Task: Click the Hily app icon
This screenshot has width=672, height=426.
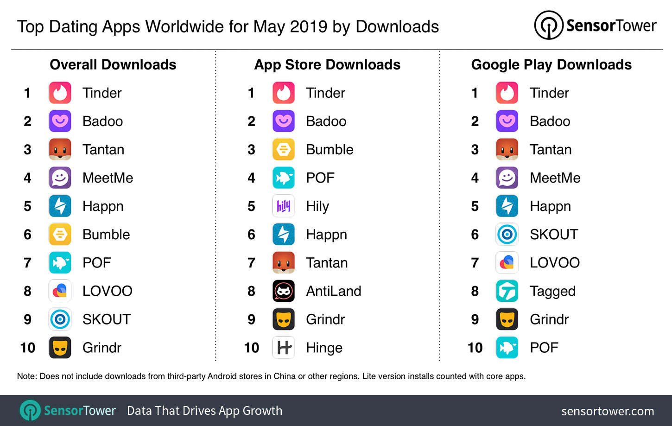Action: coord(283,206)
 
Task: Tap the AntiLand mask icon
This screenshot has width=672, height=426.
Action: coord(283,291)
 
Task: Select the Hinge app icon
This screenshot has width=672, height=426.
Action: coord(283,348)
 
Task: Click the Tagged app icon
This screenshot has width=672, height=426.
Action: coord(507,291)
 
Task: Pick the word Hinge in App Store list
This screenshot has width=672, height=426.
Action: coord(324,348)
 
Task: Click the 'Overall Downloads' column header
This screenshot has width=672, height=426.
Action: coord(113,64)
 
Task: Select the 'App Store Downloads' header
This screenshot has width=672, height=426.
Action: coord(327,64)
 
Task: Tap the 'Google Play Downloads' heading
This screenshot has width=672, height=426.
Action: coord(551,64)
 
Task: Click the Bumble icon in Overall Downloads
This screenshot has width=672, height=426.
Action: coord(60,235)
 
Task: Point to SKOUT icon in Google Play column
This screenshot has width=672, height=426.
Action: coord(507,235)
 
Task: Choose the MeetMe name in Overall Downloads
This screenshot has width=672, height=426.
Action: coord(108,178)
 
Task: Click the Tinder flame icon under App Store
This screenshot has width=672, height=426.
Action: coord(283,93)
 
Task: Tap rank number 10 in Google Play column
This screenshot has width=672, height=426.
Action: coord(475,348)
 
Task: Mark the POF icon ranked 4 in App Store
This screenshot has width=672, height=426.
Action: coord(283,178)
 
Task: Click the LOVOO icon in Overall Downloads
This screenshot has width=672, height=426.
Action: coord(60,291)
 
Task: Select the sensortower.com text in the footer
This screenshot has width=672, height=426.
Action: coord(608,411)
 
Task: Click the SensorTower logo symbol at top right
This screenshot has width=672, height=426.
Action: coord(548,25)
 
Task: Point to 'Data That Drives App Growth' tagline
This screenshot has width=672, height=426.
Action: coord(204,411)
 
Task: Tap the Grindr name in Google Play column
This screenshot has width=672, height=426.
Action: coord(549,319)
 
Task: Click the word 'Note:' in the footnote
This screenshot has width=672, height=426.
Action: coord(27,376)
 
